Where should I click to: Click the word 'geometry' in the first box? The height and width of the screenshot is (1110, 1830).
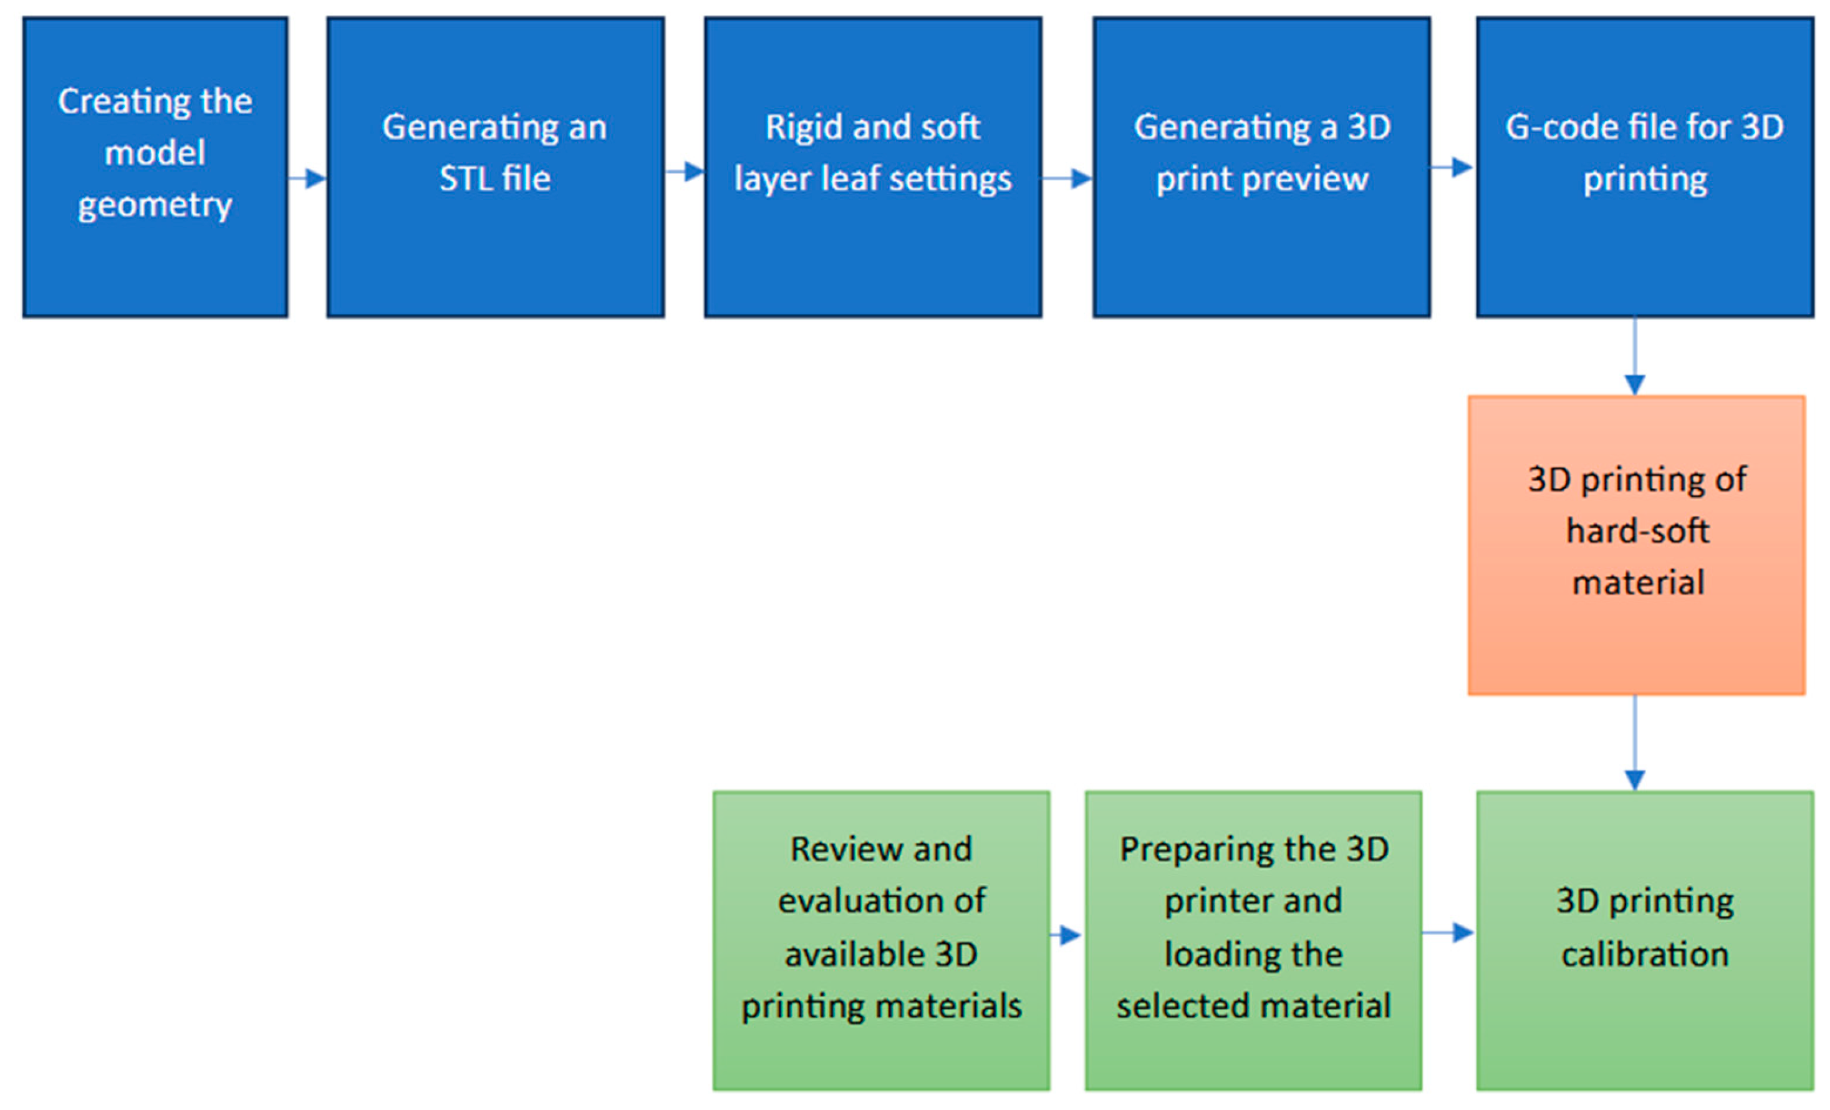[155, 206]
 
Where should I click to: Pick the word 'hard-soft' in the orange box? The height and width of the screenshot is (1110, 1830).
[1637, 531]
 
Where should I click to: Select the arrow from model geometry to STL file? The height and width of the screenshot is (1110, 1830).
[307, 178]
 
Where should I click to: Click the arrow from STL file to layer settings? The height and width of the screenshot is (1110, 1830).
[685, 172]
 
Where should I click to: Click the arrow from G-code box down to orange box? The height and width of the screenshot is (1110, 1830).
[1635, 357]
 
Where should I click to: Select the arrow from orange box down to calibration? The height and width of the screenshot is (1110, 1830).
[1635, 743]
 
